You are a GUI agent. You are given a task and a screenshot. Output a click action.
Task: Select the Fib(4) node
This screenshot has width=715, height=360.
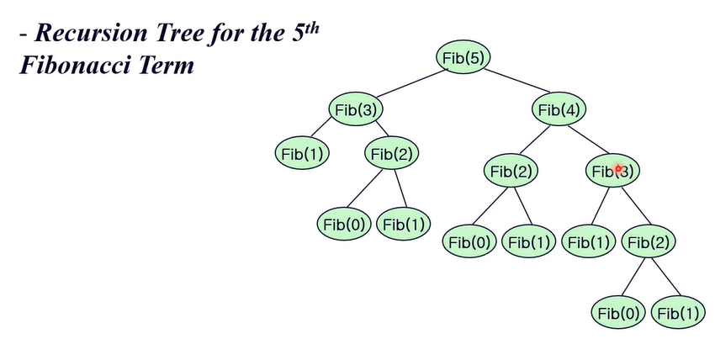tap(559, 109)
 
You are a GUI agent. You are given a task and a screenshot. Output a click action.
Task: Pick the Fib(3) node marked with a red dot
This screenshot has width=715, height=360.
tap(612, 172)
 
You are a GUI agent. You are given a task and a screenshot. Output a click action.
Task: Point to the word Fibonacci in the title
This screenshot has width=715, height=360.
tap(77, 65)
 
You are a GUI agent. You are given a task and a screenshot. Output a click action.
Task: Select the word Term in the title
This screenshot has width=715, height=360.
tap(167, 65)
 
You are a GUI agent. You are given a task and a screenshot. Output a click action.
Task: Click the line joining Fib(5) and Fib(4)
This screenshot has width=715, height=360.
tap(512, 84)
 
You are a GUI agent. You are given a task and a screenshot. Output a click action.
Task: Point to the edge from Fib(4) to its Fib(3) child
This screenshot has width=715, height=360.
tap(586, 140)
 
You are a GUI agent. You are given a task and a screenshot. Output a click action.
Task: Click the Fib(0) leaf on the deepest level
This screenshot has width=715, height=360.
tap(620, 313)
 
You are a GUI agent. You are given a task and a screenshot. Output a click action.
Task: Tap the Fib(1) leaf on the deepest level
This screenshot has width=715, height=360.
tap(679, 313)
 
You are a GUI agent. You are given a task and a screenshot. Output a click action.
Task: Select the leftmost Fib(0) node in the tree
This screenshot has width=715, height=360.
tap(344, 224)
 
